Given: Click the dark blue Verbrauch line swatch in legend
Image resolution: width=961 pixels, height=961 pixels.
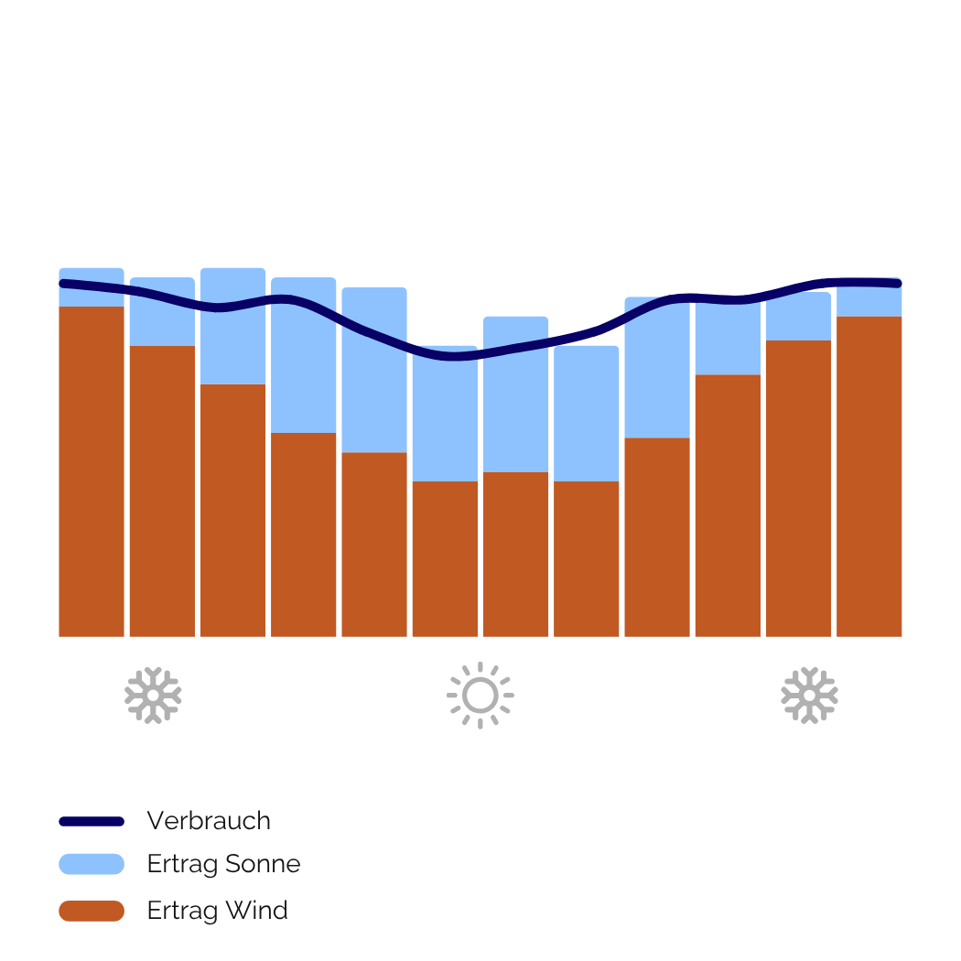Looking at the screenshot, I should [x=92, y=821].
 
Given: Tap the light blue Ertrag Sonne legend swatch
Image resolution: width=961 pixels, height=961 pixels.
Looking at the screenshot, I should [x=92, y=864].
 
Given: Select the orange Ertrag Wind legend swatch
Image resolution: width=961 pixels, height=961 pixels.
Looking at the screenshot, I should [x=92, y=911].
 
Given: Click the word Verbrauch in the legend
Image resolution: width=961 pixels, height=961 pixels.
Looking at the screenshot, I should [x=209, y=821].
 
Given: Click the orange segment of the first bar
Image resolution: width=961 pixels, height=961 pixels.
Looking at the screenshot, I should [x=92, y=471].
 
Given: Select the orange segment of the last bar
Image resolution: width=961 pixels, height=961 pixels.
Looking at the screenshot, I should [x=869, y=476].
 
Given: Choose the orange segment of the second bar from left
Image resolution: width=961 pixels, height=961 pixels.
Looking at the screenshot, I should [x=162, y=491].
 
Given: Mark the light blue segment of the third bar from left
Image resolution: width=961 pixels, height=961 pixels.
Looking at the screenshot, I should [x=232, y=348].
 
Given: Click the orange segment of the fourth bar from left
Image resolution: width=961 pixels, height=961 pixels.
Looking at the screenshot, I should [x=304, y=534].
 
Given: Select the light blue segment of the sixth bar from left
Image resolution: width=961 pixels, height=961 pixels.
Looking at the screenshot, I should [x=445, y=421].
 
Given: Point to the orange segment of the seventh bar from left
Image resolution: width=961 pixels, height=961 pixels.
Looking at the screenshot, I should [x=515, y=554].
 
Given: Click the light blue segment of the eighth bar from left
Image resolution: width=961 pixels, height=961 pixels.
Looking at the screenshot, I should [x=587, y=412].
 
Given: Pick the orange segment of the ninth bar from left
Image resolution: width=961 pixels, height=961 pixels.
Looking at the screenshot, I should [x=657, y=536].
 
